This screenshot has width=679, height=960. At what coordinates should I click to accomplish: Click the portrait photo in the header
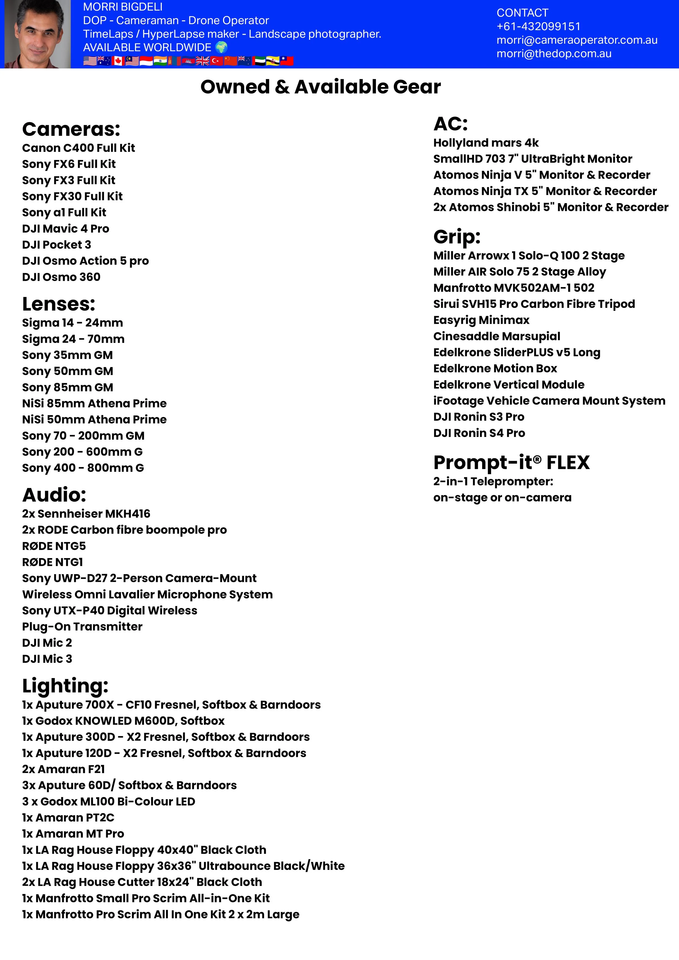pos(38,34)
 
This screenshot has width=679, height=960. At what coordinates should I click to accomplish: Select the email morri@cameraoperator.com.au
pos(577,40)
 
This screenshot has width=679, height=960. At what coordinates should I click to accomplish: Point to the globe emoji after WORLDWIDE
pos(221,47)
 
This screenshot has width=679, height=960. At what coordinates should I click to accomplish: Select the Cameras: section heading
pos(71,129)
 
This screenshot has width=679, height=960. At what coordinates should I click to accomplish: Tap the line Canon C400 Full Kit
pos(78,148)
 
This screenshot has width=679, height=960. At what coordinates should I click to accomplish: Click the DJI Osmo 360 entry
pos(61,277)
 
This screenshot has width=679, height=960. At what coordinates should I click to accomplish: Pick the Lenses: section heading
pos(59,304)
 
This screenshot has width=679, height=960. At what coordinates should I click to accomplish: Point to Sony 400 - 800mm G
pos(83,468)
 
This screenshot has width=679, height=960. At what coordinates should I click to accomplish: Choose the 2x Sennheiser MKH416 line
pos(86,514)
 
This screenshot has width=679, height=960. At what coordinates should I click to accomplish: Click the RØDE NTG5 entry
pos(54,546)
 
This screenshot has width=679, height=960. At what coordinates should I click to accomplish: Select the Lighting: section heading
pos(65,686)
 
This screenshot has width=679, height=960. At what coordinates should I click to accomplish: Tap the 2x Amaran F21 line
pos(64,769)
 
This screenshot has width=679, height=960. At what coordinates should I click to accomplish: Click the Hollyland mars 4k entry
pos(486,143)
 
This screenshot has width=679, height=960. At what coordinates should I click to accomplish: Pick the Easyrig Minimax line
pos(481,320)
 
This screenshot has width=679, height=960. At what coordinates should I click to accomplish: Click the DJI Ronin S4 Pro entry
pos(479,433)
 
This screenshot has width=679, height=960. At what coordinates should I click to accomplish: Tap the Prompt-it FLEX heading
pos(511,463)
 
